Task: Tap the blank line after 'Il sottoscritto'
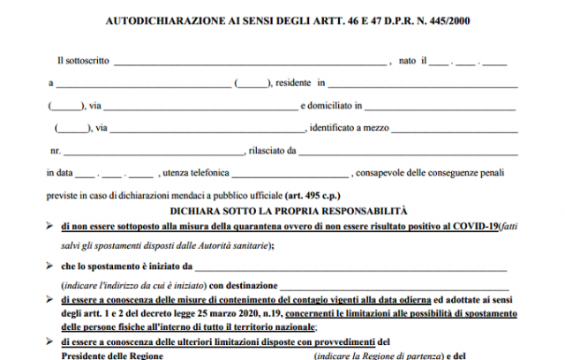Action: (251, 63)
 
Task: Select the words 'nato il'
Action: (413, 61)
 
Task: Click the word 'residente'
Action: (294, 84)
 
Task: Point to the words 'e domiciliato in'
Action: (329, 106)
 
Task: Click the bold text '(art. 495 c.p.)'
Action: (317, 194)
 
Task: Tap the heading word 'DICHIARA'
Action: (190, 212)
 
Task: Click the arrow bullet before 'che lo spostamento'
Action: (50, 264)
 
